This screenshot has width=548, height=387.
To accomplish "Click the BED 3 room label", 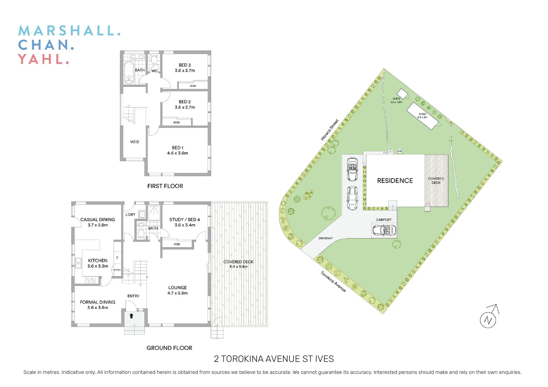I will (x=185, y=65).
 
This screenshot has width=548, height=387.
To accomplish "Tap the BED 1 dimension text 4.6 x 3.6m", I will (x=178, y=153).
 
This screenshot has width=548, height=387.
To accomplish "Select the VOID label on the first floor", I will (x=134, y=142).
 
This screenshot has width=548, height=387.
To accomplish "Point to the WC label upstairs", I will (x=155, y=71).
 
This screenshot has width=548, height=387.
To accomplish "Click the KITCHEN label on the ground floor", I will (x=98, y=261).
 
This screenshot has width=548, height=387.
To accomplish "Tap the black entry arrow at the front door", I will (x=132, y=316).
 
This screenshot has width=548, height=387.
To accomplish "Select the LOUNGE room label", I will (x=178, y=287).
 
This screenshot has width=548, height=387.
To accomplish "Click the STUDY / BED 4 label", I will (x=185, y=220).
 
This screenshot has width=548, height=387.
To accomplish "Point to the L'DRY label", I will (x=131, y=215).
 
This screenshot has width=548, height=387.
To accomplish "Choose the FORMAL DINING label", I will (x=98, y=302).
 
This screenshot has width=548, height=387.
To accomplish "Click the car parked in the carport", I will (x=384, y=230).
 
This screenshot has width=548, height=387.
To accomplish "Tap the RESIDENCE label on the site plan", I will (x=395, y=181).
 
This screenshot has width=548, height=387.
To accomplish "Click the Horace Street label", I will (x=330, y=130).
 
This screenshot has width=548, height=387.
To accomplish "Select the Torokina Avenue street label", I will (x=333, y=282).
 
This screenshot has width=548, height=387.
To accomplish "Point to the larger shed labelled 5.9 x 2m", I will (x=422, y=116).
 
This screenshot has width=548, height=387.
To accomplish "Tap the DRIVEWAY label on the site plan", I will (x=326, y=238).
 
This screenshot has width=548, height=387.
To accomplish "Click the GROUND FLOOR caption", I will (x=169, y=348).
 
